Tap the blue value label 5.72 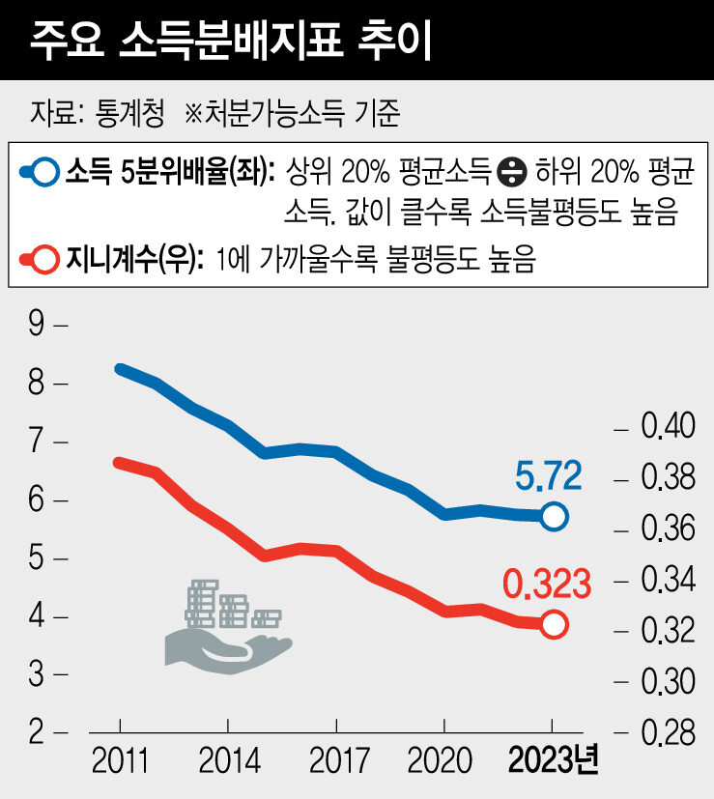point(548,475)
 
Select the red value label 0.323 point(546,584)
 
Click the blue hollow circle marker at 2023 point(554,517)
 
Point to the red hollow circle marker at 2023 point(554,625)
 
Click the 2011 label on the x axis point(120,761)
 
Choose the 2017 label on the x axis point(336,761)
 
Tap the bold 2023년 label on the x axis point(554,761)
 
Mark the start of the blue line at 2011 point(119,369)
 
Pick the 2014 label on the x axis point(228,761)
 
